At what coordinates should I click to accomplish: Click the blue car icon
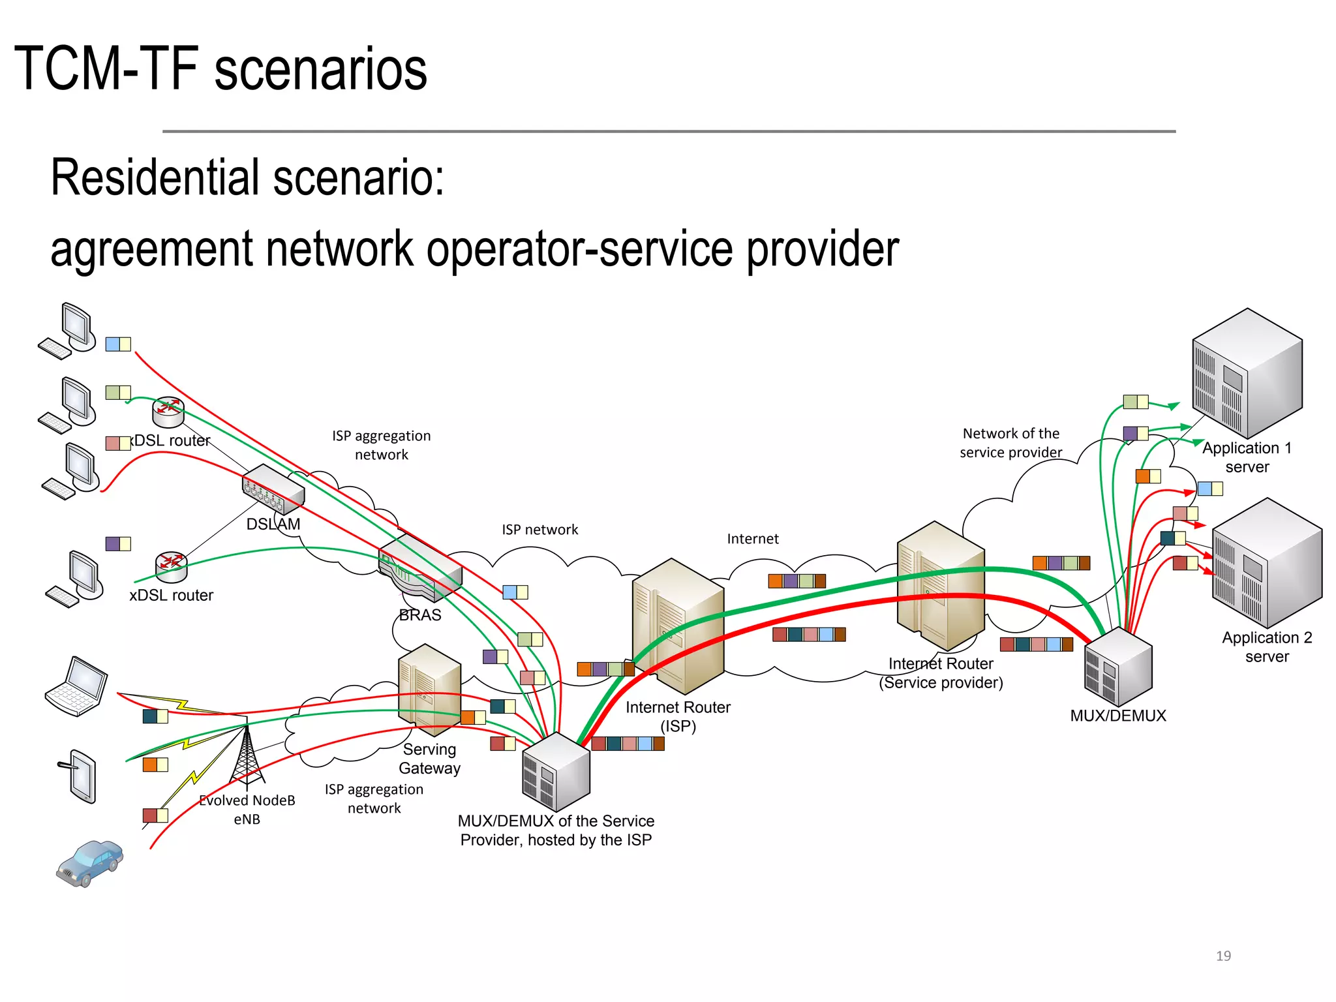[x=89, y=863]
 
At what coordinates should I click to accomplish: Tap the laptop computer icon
[x=77, y=687]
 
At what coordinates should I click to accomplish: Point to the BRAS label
[x=419, y=615]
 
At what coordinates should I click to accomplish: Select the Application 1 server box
[x=1247, y=373]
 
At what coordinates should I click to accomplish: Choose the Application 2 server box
[x=1266, y=562]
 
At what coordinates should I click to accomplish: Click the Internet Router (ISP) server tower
[x=678, y=625]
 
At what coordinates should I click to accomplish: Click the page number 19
[x=1223, y=956]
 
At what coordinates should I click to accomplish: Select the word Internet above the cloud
[x=752, y=539]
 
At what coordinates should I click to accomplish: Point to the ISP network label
[x=539, y=530]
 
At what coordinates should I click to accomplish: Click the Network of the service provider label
[x=1010, y=443]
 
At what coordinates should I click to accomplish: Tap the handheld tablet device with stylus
[x=82, y=776]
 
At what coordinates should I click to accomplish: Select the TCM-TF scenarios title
[x=220, y=69]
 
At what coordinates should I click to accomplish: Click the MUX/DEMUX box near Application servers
[x=1118, y=667]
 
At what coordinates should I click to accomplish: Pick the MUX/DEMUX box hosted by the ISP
[x=556, y=772]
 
